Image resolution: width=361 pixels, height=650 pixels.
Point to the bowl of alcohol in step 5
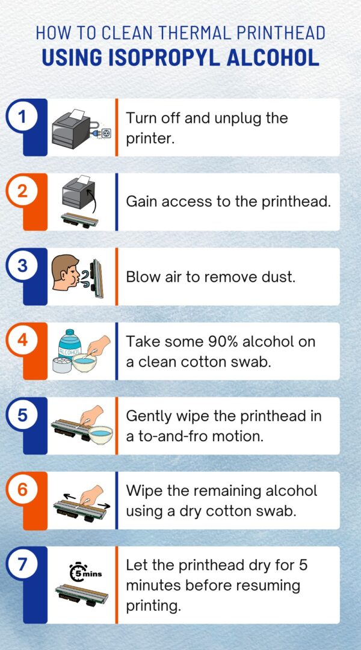(99, 433)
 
